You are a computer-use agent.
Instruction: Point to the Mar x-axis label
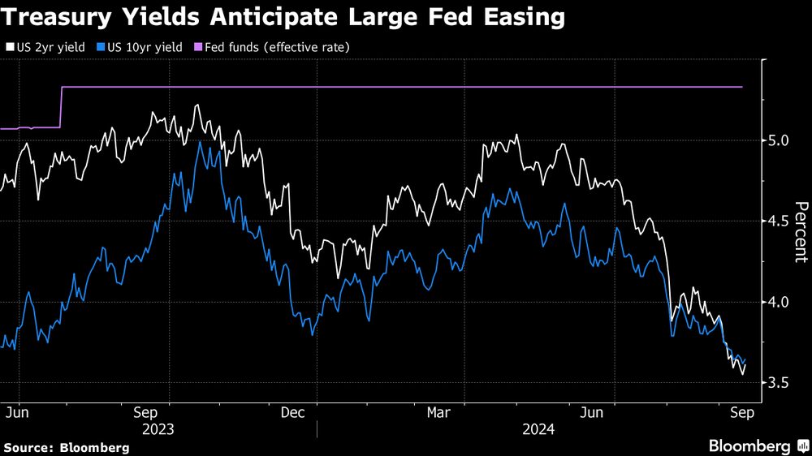[x=440, y=413]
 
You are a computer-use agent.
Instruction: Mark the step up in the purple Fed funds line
[x=62, y=106]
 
